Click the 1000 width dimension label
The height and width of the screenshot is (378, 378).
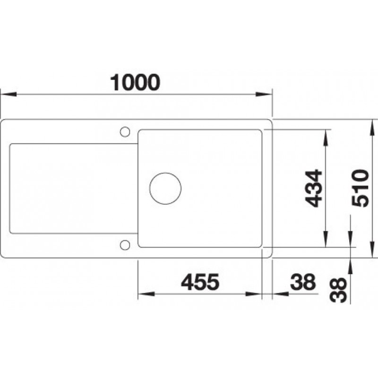[x=135, y=82]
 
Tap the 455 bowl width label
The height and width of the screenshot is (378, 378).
[x=200, y=282]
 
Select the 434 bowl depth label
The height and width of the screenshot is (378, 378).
[x=313, y=189]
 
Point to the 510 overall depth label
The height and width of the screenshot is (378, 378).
[x=361, y=188]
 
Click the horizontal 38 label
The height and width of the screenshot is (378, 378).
[x=303, y=282]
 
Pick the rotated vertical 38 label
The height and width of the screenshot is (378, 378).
[x=338, y=290]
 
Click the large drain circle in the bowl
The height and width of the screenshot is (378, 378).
[x=165, y=189]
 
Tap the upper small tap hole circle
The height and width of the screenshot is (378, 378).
[x=125, y=132]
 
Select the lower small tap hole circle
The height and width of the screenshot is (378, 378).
[x=125, y=245]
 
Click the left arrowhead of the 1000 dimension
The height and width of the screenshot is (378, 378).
[x=9, y=94]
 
